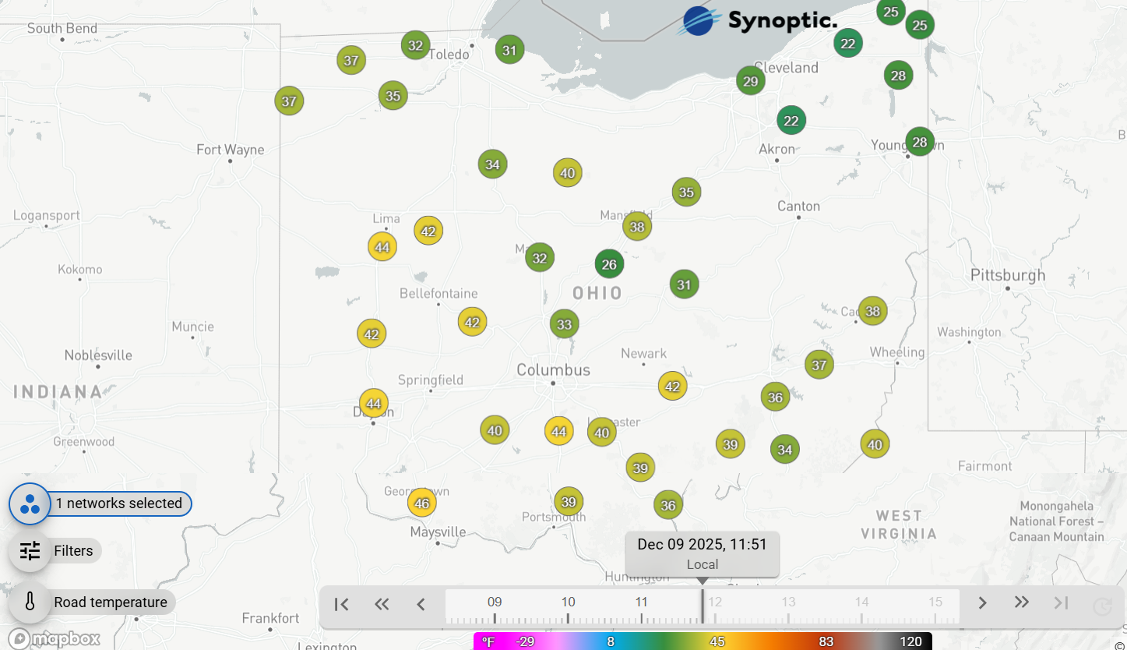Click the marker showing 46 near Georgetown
(x=421, y=503)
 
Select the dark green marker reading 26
(x=609, y=264)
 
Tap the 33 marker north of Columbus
(x=564, y=324)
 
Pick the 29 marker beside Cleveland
(x=750, y=81)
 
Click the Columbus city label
(x=554, y=370)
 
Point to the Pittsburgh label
(x=1008, y=275)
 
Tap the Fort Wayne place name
(x=230, y=150)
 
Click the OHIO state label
(x=597, y=293)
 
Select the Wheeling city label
(x=897, y=352)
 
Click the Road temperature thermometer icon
(x=30, y=602)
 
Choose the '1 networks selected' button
(x=118, y=503)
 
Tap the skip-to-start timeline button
(x=341, y=603)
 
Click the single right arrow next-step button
(x=982, y=603)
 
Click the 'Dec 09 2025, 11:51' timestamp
(x=702, y=544)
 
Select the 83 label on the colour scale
(x=826, y=641)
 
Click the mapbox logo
(x=55, y=638)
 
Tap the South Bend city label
(x=62, y=29)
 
